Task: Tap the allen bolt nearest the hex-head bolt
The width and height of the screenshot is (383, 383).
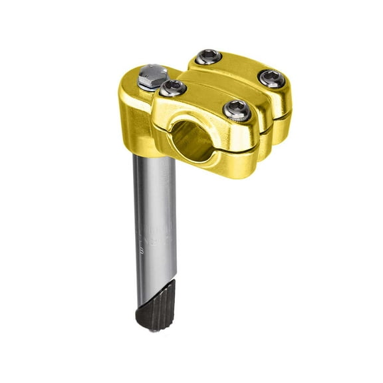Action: [x=173, y=87]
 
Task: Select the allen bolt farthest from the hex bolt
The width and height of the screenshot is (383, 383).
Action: [x=272, y=78]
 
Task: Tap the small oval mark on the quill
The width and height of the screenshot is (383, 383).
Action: [x=142, y=251]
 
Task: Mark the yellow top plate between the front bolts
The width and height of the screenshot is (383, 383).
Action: [x=203, y=98]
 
